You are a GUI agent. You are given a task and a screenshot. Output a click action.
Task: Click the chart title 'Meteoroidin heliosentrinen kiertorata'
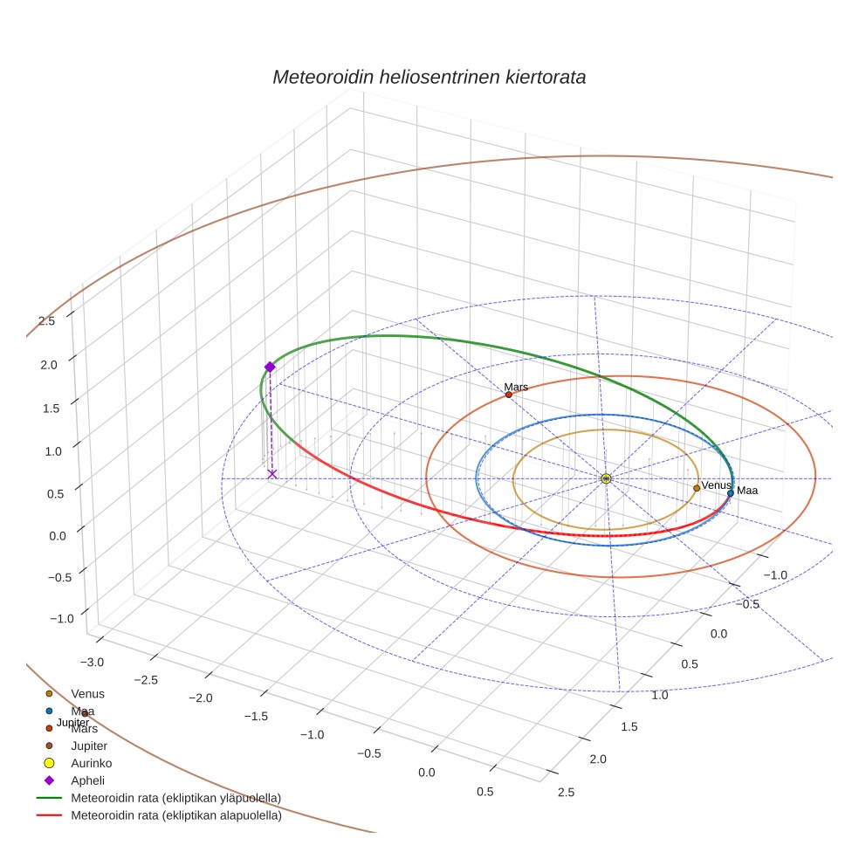click(429, 77)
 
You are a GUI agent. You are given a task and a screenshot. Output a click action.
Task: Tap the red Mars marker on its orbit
click(509, 395)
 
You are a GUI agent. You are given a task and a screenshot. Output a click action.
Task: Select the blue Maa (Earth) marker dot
click(731, 493)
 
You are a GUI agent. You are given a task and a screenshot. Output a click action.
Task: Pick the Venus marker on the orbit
click(697, 488)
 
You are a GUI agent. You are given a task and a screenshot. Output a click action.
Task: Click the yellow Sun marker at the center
click(606, 478)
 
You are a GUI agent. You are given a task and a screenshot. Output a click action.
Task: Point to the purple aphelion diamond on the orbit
click(270, 368)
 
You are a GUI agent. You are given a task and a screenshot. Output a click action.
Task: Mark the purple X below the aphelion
click(272, 474)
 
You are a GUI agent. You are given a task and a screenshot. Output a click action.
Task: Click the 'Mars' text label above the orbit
click(516, 387)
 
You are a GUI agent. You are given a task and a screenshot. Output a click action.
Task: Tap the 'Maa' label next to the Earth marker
click(747, 491)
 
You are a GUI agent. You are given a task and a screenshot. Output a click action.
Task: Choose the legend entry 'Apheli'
click(87, 781)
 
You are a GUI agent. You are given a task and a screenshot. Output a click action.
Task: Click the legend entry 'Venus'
click(87, 694)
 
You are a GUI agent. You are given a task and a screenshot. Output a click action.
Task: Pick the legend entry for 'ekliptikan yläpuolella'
click(175, 799)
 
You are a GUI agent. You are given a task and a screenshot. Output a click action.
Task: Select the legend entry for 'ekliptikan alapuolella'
click(175, 816)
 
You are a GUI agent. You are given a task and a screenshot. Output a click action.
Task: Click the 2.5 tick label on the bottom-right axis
click(565, 793)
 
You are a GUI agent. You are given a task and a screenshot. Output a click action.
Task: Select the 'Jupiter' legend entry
click(89, 746)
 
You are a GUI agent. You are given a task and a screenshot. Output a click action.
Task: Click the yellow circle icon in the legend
click(50, 764)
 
